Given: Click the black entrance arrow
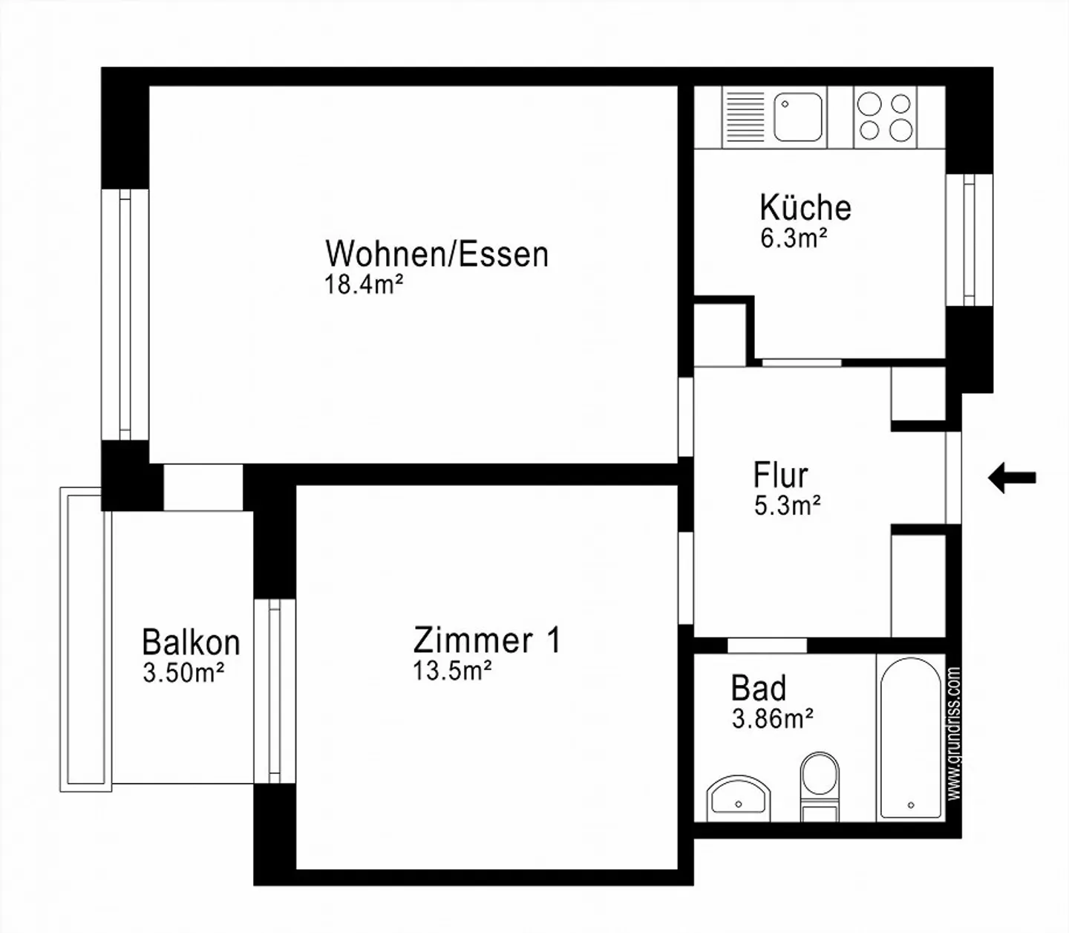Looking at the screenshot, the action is pos(1012,478).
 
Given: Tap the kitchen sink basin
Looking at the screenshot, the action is pos(798,117).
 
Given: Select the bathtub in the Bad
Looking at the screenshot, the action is pos(911,738).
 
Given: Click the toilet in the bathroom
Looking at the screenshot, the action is pos(820,787).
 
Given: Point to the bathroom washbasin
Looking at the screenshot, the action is pos(738,798).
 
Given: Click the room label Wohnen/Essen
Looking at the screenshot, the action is pos(437,254).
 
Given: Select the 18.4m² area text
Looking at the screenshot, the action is pos(364,285).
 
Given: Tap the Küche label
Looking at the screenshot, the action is pos(805,207).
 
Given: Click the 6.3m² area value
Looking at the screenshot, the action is pos(794,238).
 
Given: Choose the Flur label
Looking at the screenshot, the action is pos(780,475).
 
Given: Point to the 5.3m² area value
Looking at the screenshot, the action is pos(788,506).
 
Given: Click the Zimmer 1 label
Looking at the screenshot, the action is pos(487,640).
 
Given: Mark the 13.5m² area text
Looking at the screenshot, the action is pos(452,671).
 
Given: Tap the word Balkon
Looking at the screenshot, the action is pos(191,642).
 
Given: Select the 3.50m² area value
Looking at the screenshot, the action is pos(183,673).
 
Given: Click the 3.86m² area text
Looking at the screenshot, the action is pos(772,719).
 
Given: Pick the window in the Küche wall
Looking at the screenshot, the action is pos(970,240).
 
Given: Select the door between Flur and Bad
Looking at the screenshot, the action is pos(767,646).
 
